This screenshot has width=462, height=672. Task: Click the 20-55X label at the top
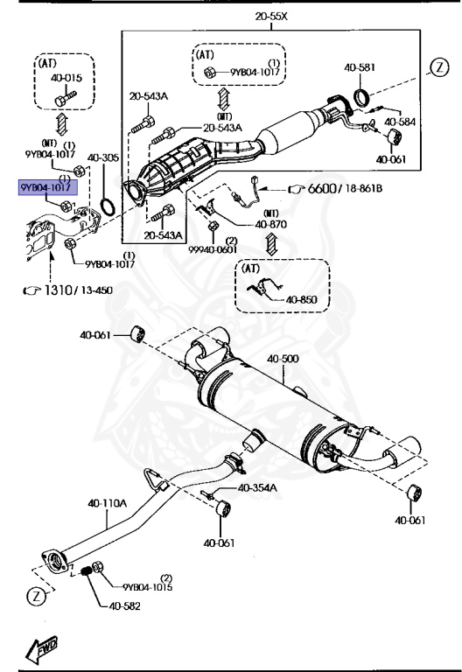click(x=271, y=17)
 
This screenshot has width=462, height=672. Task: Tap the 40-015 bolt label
click(x=66, y=78)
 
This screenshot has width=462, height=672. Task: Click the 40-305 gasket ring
click(x=108, y=207)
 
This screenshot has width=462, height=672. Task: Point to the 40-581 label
click(x=360, y=67)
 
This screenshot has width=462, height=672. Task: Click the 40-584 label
click(x=400, y=122)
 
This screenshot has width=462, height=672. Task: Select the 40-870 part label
click(x=271, y=224)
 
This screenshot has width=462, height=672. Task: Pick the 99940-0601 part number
click(x=213, y=249)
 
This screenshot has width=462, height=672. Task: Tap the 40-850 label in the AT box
click(x=301, y=299)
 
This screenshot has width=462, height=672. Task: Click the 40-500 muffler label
click(x=283, y=358)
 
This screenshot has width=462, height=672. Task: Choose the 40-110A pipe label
click(x=107, y=503)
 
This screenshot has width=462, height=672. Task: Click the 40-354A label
click(x=257, y=487)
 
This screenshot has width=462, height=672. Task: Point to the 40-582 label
click(x=124, y=606)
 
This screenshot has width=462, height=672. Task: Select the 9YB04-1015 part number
click(x=147, y=587)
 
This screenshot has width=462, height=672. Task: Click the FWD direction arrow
click(x=41, y=647)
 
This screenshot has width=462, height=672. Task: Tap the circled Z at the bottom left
click(x=37, y=596)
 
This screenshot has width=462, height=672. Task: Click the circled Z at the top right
click(x=439, y=67)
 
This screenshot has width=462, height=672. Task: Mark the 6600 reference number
click(x=322, y=188)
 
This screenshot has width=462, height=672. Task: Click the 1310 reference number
click(x=59, y=290)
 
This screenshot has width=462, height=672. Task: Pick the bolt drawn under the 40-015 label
click(x=65, y=98)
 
